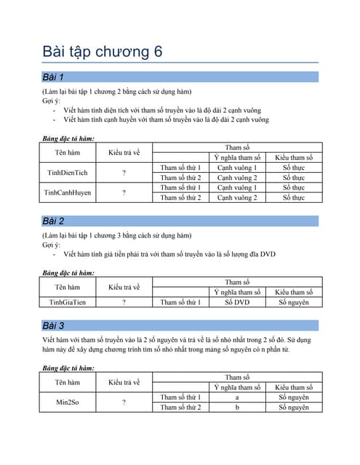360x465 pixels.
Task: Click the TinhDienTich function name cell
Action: click(68, 172)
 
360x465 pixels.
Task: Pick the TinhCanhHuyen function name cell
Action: click(68, 193)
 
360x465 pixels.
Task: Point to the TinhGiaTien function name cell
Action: click(68, 302)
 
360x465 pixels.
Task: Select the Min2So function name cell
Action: click(68, 402)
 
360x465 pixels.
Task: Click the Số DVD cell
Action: click(237, 302)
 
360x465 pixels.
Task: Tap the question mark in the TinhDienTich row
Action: click(124, 173)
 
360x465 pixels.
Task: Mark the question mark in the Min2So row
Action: click(124, 402)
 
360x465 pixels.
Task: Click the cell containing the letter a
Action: click(237, 397)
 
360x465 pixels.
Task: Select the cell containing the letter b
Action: click(237, 408)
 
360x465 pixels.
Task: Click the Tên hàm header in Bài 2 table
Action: click(68, 287)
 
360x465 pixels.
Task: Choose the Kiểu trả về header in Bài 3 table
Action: click(124, 382)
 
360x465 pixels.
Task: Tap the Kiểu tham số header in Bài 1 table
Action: click(294, 158)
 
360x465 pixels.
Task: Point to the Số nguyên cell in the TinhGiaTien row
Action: click(294, 302)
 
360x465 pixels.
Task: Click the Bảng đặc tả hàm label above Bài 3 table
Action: click(68, 368)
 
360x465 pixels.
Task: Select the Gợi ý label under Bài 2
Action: click(51, 245)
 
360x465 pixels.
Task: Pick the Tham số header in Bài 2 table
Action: click(237, 282)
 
